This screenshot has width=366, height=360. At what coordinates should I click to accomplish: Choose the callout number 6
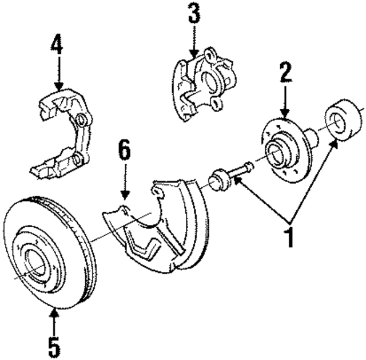(x=125, y=152)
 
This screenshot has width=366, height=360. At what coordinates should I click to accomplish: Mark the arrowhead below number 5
(x=53, y=312)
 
